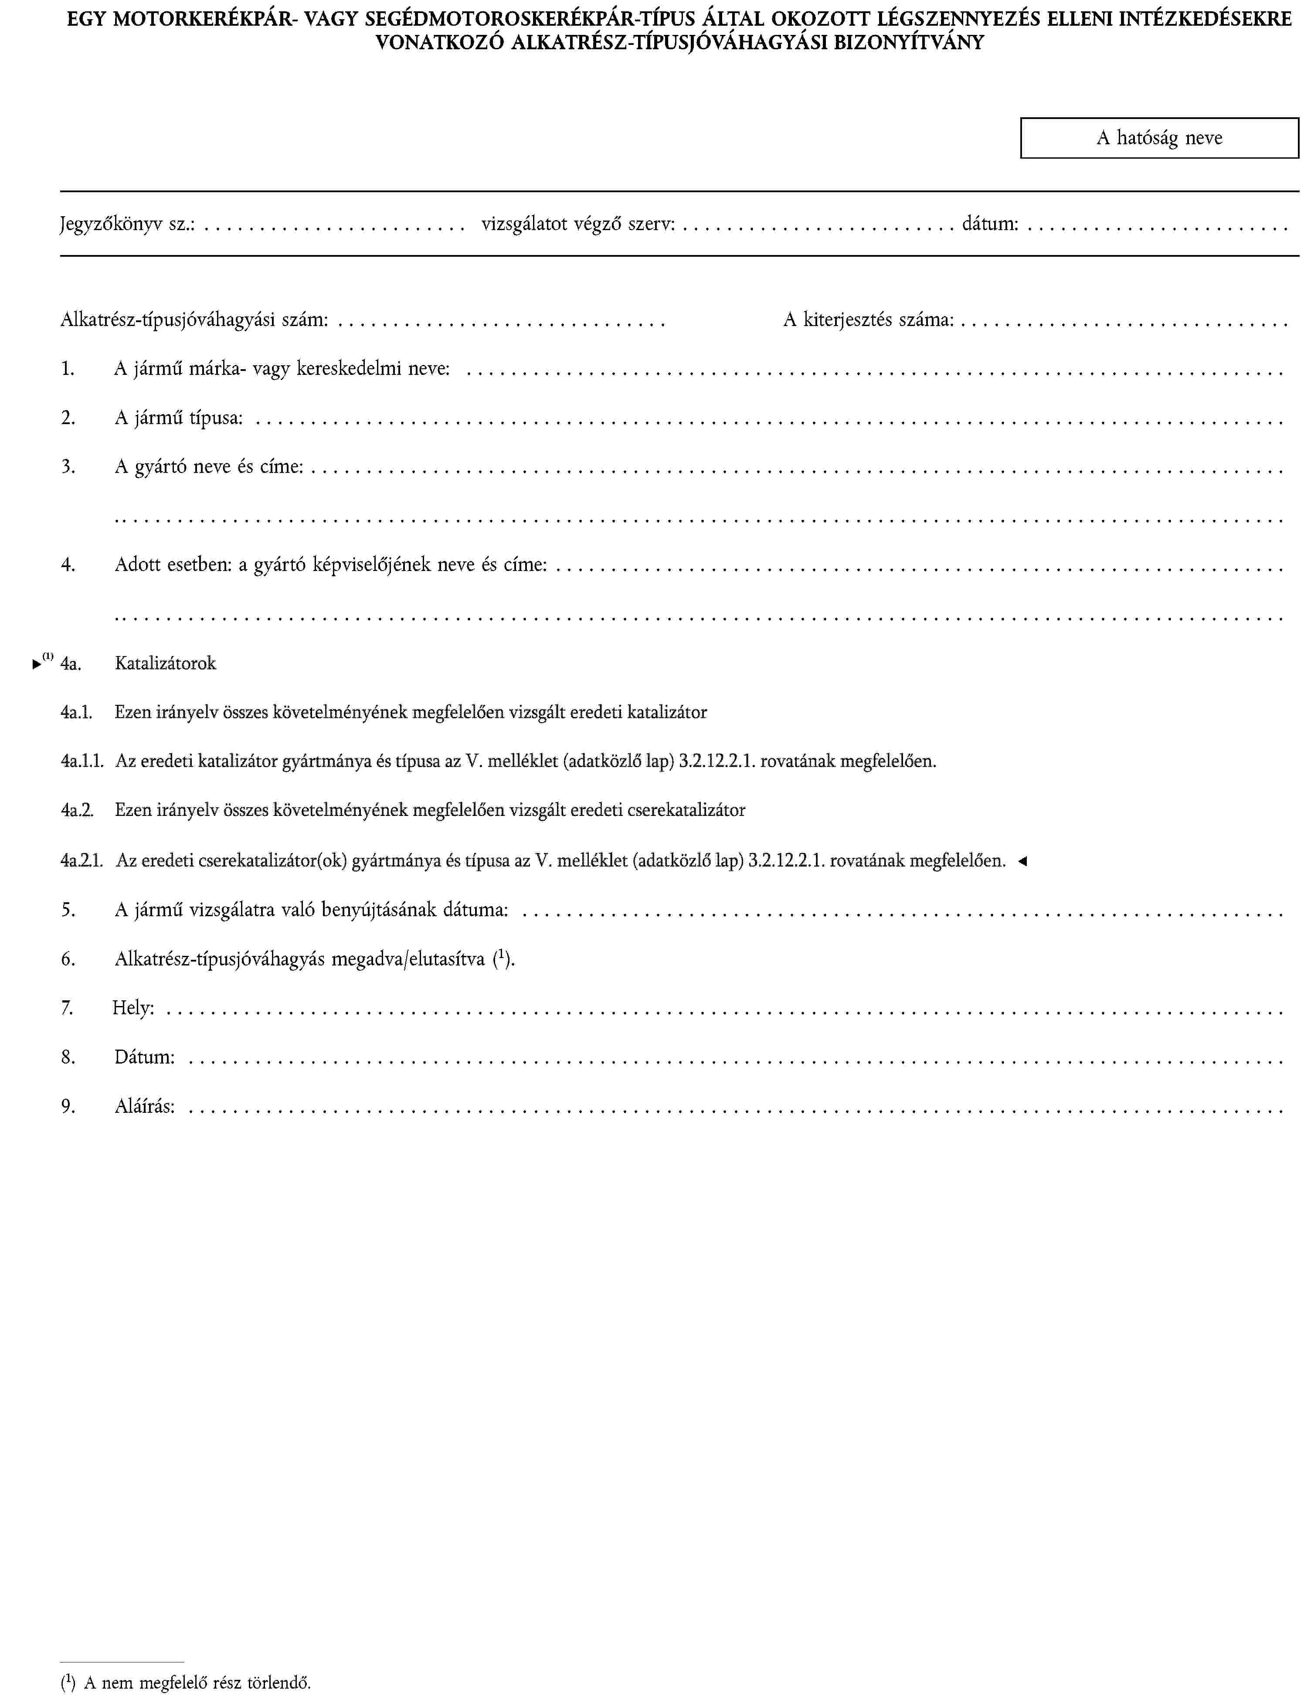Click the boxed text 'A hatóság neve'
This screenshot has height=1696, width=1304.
click(x=1159, y=138)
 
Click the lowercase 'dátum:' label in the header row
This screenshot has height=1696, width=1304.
click(x=990, y=225)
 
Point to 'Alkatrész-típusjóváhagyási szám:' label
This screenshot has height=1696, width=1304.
click(x=194, y=320)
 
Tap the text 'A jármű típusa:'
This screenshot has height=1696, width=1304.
click(x=179, y=418)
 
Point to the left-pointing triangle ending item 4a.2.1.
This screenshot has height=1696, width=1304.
click(x=1022, y=861)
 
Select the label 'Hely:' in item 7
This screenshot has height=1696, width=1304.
click(x=133, y=1008)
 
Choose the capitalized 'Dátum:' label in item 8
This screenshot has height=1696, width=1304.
click(x=144, y=1057)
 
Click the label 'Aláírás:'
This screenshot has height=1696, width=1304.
click(x=144, y=1106)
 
